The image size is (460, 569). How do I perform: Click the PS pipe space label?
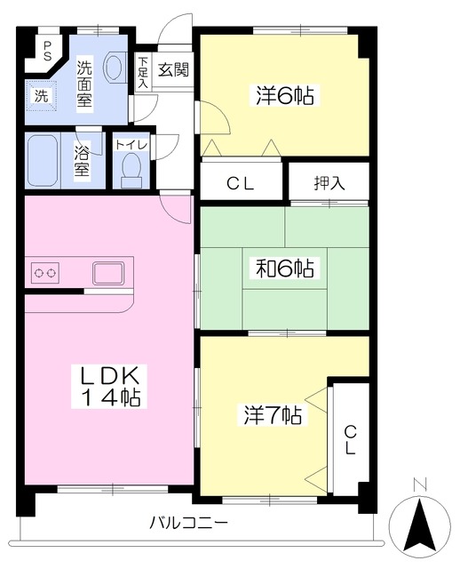pyautogui.click(x=47, y=51)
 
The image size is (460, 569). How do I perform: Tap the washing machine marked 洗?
pyautogui.click(x=41, y=96)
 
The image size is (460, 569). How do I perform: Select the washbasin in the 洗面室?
pyautogui.click(x=115, y=68)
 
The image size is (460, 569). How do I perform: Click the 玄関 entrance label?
pyautogui.click(x=174, y=69)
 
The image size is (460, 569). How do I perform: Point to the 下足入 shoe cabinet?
pyautogui.click(x=143, y=72)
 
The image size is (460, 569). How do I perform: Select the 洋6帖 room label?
pyautogui.click(x=285, y=95)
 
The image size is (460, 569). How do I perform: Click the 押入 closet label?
pyautogui.click(x=329, y=183)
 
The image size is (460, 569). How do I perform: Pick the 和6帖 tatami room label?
pyautogui.click(x=285, y=268)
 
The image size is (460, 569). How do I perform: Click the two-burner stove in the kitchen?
pyautogui.click(x=45, y=272)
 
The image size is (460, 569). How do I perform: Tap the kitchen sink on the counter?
pyautogui.click(x=108, y=273)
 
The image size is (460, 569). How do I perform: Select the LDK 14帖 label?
pyautogui.click(x=109, y=386)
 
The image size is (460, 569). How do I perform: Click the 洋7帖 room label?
pyautogui.click(x=273, y=415)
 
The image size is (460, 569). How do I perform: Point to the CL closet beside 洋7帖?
pyautogui.click(x=350, y=439)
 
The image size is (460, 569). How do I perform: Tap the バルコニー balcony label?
pyautogui.click(x=189, y=523)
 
